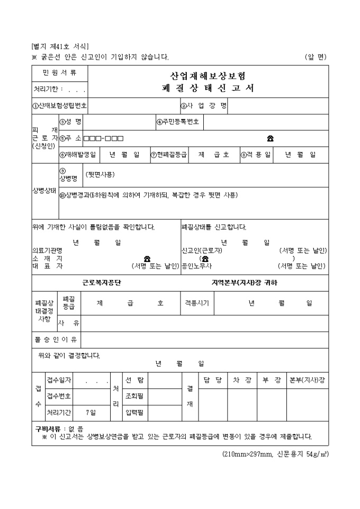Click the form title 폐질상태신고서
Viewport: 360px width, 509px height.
(x=208, y=88)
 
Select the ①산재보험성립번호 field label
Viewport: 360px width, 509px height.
(x=59, y=105)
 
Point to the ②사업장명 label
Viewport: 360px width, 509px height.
(x=204, y=105)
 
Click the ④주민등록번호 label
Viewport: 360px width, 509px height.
(x=178, y=122)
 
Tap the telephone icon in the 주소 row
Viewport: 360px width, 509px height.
(x=270, y=139)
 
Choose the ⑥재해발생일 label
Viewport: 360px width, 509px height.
(x=77, y=154)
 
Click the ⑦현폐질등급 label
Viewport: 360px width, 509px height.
(x=169, y=154)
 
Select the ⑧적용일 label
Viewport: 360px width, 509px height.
(x=256, y=154)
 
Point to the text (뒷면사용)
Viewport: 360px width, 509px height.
(x=100, y=175)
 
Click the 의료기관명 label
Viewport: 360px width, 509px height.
(x=47, y=250)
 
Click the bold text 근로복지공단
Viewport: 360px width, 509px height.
(x=102, y=283)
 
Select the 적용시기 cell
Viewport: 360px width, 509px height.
(x=196, y=303)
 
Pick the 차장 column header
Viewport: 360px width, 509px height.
(x=242, y=380)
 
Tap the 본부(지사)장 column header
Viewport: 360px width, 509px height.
(x=307, y=380)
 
